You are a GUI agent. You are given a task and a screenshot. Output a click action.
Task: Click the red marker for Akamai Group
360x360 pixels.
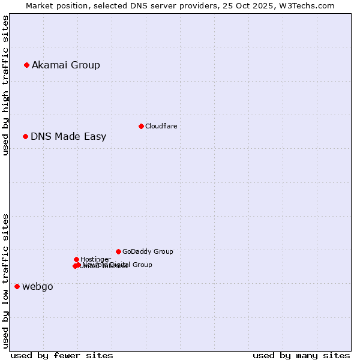click(x=26, y=65)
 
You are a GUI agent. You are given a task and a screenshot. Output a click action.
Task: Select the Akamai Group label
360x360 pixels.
click(x=66, y=65)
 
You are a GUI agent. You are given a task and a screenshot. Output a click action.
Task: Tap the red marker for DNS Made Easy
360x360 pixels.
click(x=25, y=136)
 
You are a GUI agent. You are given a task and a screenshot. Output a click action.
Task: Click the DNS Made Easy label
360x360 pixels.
click(x=68, y=136)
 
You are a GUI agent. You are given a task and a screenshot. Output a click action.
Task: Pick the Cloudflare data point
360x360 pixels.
click(x=141, y=126)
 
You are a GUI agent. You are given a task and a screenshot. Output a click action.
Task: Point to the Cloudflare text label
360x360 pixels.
click(x=161, y=126)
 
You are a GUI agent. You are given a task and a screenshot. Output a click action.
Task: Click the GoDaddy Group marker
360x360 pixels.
click(x=118, y=251)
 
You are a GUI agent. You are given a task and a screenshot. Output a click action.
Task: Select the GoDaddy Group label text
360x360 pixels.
click(x=148, y=251)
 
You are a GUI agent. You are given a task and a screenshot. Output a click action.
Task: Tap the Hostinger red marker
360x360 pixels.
click(x=76, y=259)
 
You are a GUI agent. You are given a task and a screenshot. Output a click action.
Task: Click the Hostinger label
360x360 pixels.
click(x=95, y=259)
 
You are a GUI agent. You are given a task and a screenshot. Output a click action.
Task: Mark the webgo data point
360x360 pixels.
click(x=17, y=286)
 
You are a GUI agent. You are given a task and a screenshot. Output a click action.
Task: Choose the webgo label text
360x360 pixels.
click(x=38, y=286)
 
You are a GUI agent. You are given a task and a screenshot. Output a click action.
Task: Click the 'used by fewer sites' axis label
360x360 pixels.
click(x=62, y=355)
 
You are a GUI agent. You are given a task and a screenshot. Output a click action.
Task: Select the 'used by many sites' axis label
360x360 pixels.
click(x=301, y=355)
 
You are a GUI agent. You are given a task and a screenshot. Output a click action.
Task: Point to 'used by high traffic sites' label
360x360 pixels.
click(x=5, y=85)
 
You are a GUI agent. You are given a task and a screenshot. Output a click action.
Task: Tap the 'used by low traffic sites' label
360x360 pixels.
click(x=5, y=281)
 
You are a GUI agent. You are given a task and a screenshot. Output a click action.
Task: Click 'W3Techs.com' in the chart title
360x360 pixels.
click(x=313, y=5)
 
